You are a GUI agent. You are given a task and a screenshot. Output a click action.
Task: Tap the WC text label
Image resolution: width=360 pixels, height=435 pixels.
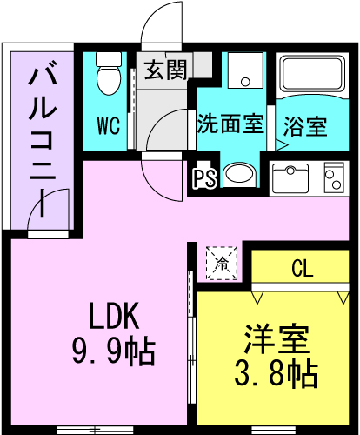[107, 126]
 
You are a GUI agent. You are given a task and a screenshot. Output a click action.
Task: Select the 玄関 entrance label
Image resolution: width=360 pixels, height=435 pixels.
[164, 70]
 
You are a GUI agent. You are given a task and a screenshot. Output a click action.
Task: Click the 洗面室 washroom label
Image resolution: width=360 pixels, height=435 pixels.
[230, 123]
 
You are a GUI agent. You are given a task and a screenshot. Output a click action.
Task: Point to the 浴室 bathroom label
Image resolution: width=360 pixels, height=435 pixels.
[305, 125]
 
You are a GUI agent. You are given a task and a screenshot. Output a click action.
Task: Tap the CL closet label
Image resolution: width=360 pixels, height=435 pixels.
[301, 269]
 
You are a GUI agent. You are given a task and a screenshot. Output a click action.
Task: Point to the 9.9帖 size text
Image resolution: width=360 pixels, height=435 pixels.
[112, 351]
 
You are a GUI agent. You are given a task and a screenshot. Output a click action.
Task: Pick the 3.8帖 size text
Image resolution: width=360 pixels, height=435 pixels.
[277, 374]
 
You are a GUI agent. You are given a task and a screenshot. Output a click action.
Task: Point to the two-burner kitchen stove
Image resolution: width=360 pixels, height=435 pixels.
[334, 178]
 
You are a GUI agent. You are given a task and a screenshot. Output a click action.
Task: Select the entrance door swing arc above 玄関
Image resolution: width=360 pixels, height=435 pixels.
[160, 22]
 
